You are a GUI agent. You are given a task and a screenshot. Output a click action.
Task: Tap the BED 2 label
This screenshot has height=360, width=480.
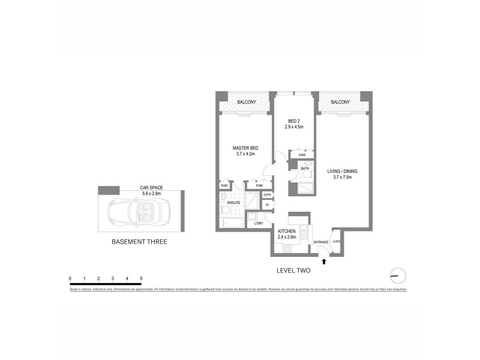[294, 119]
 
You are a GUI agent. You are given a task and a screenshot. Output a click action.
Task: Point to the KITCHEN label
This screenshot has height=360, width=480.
[287, 231]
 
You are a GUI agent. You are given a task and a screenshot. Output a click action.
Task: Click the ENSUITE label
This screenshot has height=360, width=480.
[234, 203]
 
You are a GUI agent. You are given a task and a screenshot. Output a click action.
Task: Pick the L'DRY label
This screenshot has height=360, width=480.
[259, 224]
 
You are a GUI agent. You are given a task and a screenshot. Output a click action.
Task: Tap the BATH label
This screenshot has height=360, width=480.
[305, 169]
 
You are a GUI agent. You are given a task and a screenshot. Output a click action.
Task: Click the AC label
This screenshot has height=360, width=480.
[267, 205]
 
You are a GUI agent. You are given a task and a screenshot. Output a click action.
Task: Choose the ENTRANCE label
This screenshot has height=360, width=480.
[322, 242]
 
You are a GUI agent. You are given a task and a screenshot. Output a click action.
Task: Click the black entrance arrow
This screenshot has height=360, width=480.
[325, 261]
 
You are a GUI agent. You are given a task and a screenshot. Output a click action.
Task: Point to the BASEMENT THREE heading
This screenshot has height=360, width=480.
[139, 242]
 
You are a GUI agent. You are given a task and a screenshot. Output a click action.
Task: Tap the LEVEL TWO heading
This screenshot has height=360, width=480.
[293, 271]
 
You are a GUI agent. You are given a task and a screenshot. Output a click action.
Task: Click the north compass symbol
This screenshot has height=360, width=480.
[397, 275]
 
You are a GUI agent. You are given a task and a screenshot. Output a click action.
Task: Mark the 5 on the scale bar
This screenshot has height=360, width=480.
[141, 278]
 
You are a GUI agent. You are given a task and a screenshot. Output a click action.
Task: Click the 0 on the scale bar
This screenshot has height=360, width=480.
[70, 278]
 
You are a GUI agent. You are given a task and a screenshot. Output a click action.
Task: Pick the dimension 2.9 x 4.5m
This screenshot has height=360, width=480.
[294, 127]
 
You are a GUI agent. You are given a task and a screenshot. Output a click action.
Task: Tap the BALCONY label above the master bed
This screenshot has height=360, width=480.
[247, 102]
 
